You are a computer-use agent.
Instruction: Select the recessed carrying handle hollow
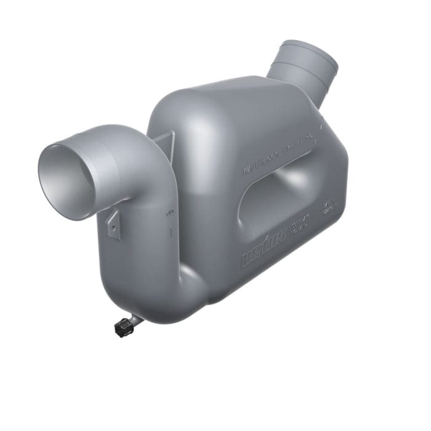pos(277,197)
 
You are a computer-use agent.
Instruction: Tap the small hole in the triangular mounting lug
pos(113,228)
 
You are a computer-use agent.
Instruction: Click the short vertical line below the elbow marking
pos(167,233)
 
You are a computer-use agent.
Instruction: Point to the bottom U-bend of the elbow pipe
pos(154,296)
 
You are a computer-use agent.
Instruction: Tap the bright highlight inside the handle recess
pos(289,185)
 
